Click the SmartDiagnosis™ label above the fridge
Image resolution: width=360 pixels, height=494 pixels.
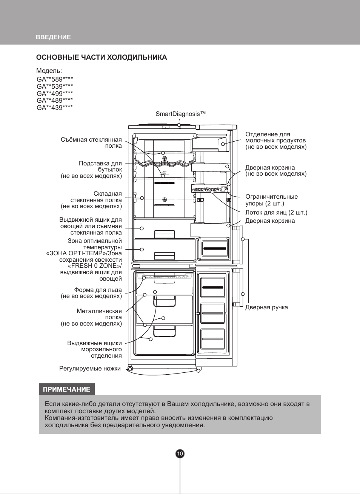coord(180,114)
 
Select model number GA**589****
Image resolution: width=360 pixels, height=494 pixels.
coord(55,79)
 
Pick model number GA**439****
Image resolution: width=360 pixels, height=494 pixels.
coord(55,108)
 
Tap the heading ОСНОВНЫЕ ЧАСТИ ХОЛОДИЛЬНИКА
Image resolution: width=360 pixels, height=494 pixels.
coord(102,57)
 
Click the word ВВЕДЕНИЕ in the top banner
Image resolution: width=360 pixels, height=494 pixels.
coord(53,37)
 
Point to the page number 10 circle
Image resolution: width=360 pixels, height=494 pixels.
coord(180,454)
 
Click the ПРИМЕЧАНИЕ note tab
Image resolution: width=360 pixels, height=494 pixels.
coord(66,389)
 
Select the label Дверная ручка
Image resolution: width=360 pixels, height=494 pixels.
coord(266,307)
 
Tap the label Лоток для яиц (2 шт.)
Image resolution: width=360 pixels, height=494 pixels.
coord(276,213)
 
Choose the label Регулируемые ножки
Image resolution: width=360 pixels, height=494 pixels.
coord(90,369)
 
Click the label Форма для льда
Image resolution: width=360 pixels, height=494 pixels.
coord(98,290)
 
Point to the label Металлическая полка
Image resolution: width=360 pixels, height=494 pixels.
coord(99,311)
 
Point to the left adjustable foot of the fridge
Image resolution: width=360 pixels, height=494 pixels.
coord(130,369)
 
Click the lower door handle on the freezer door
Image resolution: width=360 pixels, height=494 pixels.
coord(237,287)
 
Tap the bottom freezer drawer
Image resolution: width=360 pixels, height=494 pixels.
coord(164,340)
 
